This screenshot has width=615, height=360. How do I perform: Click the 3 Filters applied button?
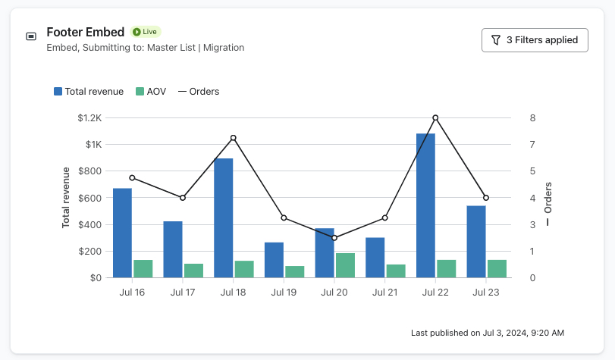[x=535, y=40]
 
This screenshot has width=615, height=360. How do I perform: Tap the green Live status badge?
[x=146, y=32]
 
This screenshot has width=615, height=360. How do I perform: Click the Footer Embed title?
[x=86, y=32]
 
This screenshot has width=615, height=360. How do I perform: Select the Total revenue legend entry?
[x=88, y=92]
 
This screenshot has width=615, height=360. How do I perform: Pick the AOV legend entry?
[x=150, y=92]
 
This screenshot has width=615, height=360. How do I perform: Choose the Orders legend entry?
[x=199, y=92]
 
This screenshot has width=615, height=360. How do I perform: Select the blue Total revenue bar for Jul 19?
[x=274, y=260]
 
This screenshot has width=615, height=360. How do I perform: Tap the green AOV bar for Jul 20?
[x=345, y=265]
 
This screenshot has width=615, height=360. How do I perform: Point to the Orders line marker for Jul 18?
[x=233, y=138]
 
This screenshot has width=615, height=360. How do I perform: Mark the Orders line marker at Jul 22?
[x=435, y=117]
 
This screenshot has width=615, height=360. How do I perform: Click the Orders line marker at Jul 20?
[x=334, y=238]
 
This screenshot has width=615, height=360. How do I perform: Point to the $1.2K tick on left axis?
[x=89, y=118]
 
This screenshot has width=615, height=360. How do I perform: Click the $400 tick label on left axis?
[x=89, y=225]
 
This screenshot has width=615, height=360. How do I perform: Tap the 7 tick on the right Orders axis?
[x=532, y=145]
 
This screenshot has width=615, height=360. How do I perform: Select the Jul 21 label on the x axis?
[x=384, y=292]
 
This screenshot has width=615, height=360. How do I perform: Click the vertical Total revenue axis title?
[x=66, y=198]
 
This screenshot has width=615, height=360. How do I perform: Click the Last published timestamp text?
[x=487, y=333]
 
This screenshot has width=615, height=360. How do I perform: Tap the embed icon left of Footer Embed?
[x=31, y=36]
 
